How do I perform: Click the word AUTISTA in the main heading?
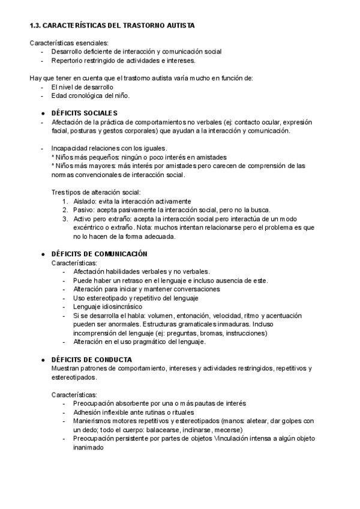[176, 26]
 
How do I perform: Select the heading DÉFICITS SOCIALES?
[85, 113]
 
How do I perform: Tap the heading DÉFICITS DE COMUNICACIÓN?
[99, 254]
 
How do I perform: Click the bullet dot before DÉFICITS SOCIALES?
[43, 113]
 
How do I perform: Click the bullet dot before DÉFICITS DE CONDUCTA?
[43, 360]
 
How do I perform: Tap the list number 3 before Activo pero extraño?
[65, 219]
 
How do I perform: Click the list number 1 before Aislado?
[65, 201]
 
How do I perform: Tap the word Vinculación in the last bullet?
[233, 439]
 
